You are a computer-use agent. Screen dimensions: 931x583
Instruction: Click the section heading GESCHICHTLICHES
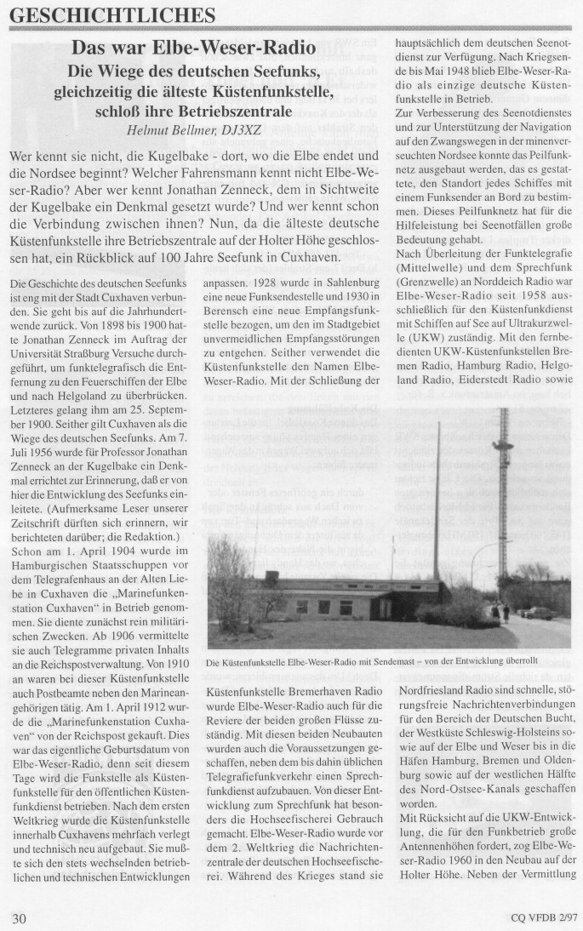pos(111,14)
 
